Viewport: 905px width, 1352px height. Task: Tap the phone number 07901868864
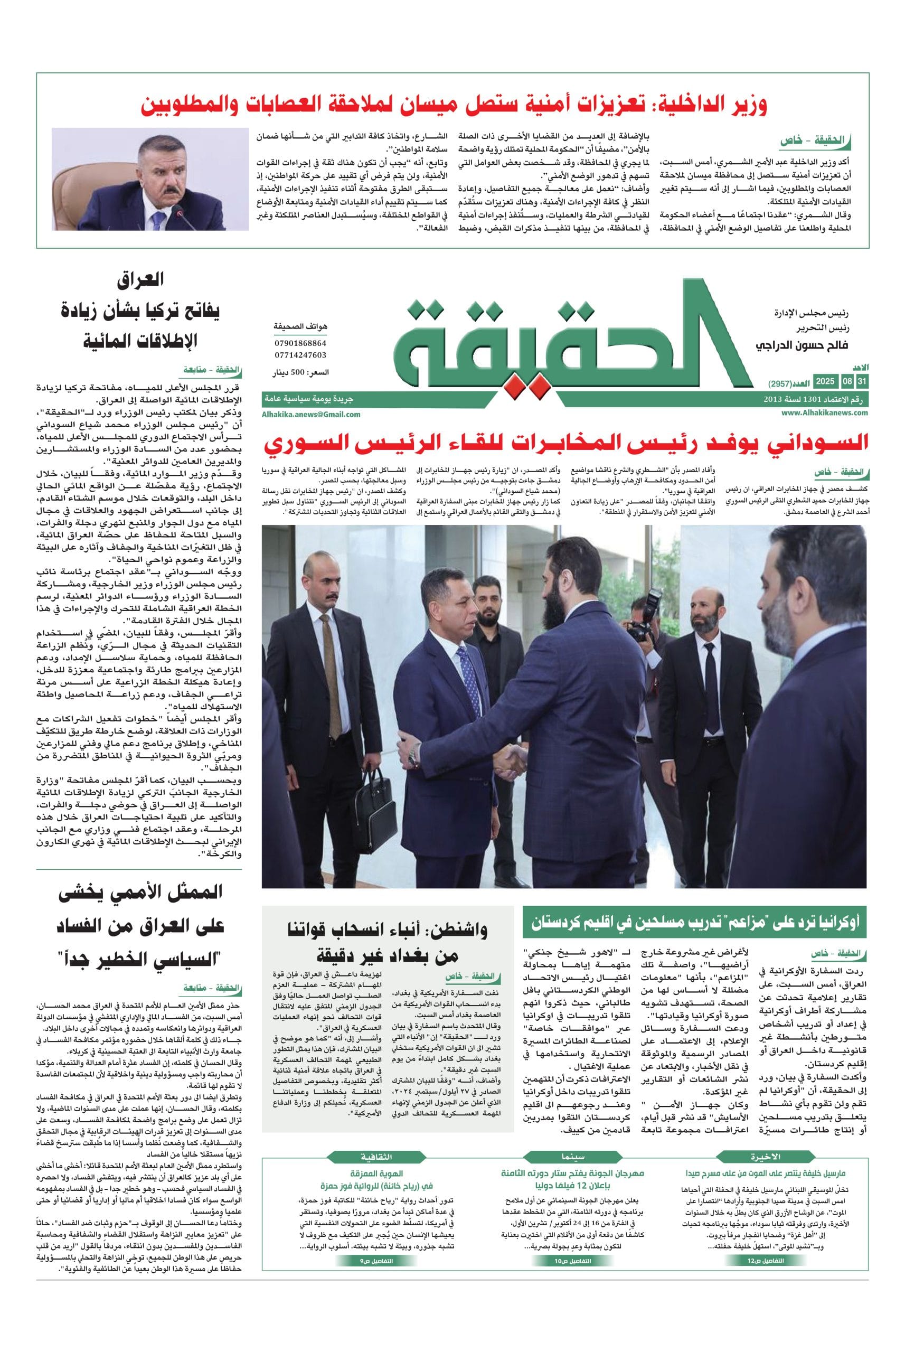click(299, 343)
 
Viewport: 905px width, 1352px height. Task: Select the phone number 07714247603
click(299, 355)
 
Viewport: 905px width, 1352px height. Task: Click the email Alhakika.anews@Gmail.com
click(311, 414)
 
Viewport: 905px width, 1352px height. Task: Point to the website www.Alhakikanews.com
click(825, 413)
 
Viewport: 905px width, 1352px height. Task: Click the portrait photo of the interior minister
click(150, 179)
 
